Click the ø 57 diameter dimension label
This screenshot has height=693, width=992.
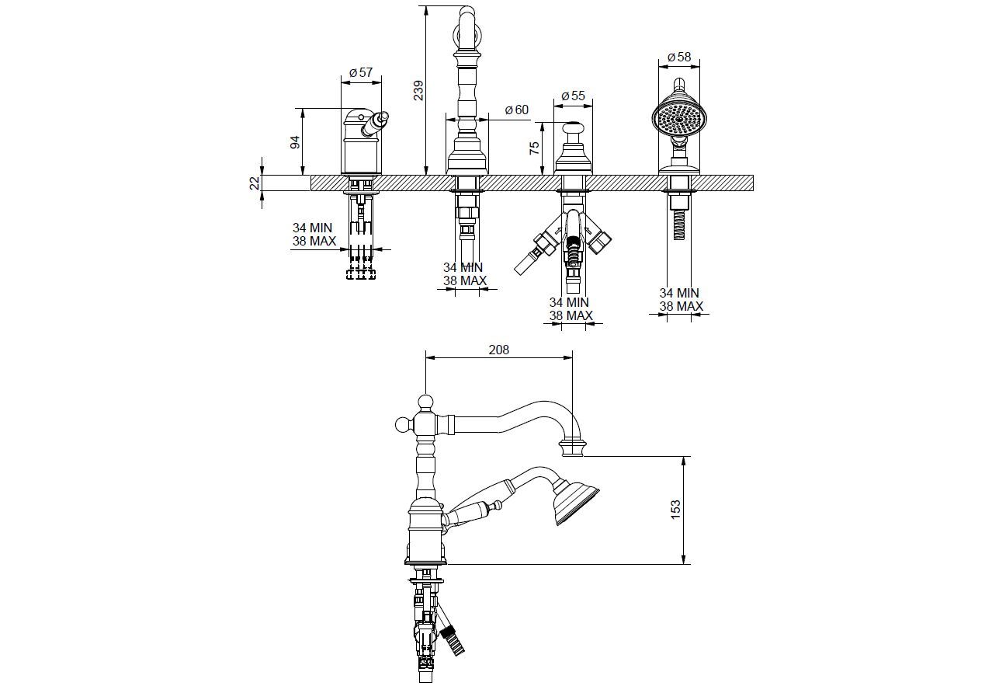tap(362, 72)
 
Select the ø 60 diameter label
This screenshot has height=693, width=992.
tap(517, 110)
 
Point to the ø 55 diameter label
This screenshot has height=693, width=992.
tap(573, 95)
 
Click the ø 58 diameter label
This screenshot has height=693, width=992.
tap(679, 57)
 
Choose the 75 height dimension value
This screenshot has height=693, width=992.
tap(535, 148)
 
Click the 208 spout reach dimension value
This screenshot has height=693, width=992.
tap(498, 350)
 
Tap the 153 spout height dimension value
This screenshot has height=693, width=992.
tap(675, 510)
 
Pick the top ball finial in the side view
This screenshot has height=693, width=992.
tap(425, 402)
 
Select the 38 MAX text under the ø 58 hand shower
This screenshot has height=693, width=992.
tap(681, 306)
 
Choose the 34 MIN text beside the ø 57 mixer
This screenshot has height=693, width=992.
tap(313, 228)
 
